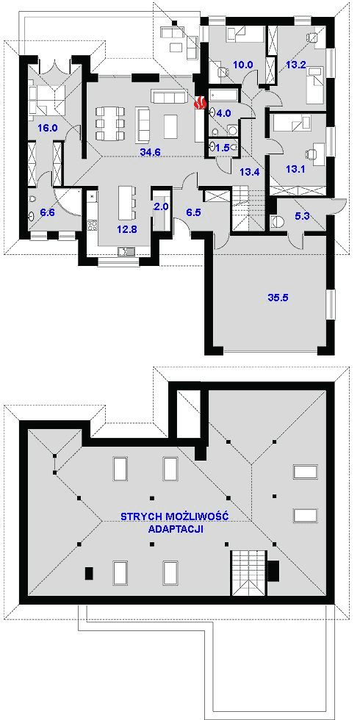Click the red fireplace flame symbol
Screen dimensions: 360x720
point(199,103)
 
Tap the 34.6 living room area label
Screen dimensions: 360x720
point(149,153)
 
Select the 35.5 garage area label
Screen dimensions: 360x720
point(278,297)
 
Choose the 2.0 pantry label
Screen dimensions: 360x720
point(161,206)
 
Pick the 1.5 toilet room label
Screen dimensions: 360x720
point(222,148)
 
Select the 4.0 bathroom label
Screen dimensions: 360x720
point(223,112)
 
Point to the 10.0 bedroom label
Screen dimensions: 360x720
point(243,65)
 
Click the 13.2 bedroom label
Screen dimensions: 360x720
point(295,65)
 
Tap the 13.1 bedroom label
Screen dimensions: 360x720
point(295,169)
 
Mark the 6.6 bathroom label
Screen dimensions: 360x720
point(48,212)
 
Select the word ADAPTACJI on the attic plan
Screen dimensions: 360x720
point(176,528)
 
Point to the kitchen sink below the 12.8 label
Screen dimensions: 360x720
point(125,251)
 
